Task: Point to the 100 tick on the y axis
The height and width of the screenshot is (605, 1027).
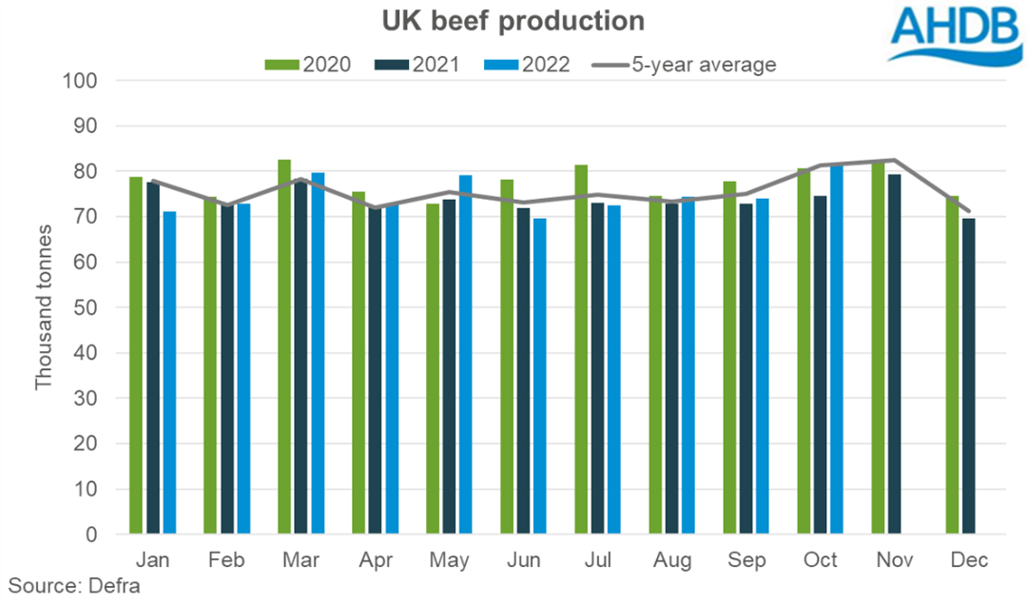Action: [85, 81]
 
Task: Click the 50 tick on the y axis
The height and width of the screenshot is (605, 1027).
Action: [89, 308]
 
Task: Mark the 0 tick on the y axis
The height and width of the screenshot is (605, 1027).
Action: [94, 536]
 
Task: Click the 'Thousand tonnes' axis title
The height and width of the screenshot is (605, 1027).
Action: [43, 308]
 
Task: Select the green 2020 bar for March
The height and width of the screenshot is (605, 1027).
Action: [284, 347]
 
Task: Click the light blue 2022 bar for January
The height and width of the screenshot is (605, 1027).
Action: [169, 373]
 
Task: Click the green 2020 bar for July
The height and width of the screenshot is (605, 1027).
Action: [581, 350]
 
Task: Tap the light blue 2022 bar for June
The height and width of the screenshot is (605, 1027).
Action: [540, 377]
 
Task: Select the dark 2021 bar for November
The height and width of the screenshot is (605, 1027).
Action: [895, 355]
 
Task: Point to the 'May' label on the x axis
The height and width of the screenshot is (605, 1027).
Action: [450, 561]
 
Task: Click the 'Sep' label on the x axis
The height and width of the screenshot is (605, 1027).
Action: [746, 561]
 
